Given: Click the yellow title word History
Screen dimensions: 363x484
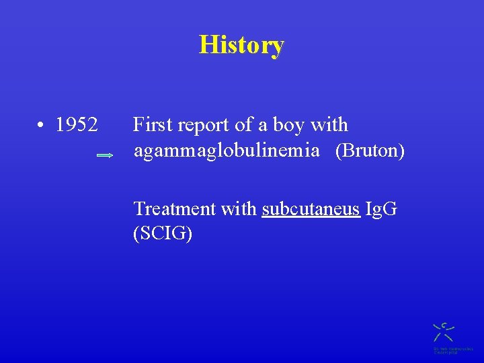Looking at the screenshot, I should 242,45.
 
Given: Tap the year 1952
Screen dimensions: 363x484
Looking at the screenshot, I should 77,125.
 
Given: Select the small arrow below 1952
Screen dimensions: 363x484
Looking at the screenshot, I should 106,155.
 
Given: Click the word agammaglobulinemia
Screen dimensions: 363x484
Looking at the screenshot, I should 227,151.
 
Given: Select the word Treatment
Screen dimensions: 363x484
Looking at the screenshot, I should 174,209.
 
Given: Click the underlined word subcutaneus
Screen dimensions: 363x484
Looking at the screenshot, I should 311,209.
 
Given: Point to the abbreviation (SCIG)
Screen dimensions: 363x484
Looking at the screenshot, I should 163,234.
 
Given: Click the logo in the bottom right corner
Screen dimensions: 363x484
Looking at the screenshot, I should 443,331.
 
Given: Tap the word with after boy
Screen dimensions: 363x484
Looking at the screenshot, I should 329,125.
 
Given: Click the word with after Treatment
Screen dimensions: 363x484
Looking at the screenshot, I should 239,209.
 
